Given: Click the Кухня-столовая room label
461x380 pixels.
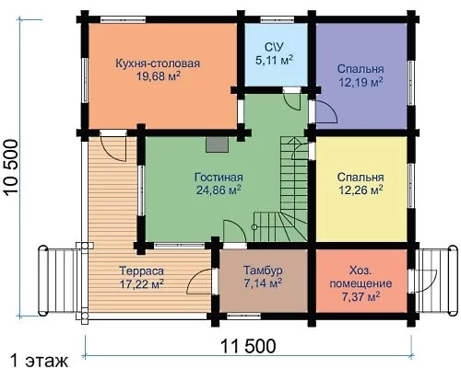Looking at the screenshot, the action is [158, 63].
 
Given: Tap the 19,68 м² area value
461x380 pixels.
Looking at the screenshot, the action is [159, 76].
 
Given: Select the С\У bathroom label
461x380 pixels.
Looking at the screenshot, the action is [274, 47].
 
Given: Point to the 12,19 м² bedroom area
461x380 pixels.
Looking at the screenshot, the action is [361, 82].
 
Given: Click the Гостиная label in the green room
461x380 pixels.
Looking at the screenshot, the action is [219, 178].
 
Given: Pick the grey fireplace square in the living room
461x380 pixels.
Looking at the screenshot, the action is [218, 144].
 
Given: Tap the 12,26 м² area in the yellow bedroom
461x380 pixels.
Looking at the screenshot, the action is [361, 190].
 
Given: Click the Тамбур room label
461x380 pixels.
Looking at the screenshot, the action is [263, 271].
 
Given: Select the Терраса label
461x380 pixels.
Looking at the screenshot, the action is [141, 271].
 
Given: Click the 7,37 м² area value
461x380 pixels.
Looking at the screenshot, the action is [361, 296].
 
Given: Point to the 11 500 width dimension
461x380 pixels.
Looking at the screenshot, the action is [248, 346].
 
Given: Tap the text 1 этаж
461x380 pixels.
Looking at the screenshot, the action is [39, 361].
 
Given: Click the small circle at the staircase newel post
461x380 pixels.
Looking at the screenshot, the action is [254, 227].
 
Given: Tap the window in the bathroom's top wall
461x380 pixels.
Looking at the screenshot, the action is [278, 19].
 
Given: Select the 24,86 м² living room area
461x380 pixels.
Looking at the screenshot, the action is [219, 190].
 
